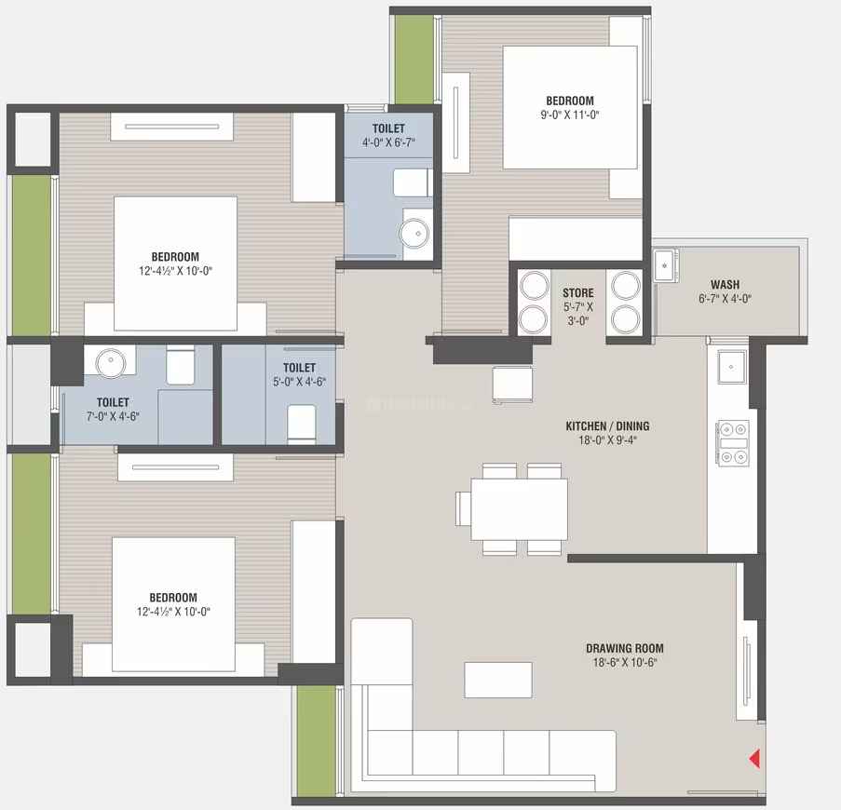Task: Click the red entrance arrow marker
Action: (x=754, y=759)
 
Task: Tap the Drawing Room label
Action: (x=625, y=648)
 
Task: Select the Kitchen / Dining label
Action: (x=607, y=426)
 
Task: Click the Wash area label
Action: (x=726, y=285)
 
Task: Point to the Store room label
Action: (x=578, y=292)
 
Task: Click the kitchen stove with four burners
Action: (x=733, y=443)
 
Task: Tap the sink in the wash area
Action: (x=665, y=265)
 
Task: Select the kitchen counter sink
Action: (x=732, y=367)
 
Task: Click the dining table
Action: (x=519, y=509)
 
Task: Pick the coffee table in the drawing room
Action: (x=498, y=680)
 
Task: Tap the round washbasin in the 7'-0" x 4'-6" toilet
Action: (x=111, y=362)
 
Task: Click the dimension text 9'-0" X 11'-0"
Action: (x=570, y=115)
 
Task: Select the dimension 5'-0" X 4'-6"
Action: (x=299, y=382)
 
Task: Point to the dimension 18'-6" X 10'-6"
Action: (x=625, y=663)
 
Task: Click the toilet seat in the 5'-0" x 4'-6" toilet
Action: (x=302, y=424)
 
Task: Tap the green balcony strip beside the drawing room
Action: (x=317, y=741)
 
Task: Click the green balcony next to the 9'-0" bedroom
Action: (x=414, y=60)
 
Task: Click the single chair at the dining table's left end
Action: (x=463, y=508)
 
